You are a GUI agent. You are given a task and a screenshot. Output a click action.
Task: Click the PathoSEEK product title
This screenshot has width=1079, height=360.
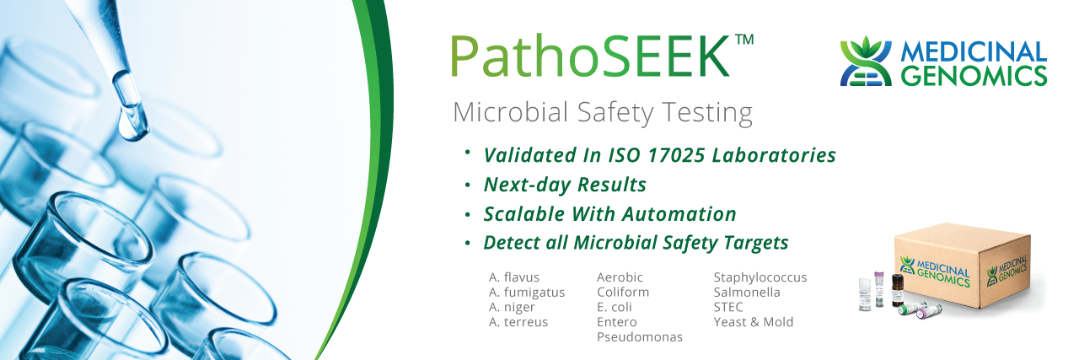[591, 56]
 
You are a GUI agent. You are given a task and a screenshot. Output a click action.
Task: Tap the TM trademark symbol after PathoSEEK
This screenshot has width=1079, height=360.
[744, 40]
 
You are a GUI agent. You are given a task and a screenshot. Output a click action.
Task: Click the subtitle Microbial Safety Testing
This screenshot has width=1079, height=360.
[603, 113]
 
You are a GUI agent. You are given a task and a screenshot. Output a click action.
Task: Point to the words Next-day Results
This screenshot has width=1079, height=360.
[565, 185]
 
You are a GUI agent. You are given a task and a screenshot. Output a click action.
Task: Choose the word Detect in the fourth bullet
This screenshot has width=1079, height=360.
[512, 243]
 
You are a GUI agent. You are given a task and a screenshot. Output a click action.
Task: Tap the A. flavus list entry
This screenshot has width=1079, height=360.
[514, 277]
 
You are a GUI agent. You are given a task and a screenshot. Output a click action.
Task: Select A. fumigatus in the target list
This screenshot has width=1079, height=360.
[527, 293]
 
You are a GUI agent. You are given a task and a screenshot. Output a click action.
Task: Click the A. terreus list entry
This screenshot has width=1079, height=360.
[518, 322]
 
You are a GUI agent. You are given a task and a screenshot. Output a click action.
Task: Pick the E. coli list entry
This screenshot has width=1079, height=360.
[615, 307]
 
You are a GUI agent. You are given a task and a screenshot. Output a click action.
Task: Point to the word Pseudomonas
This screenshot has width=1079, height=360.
[640, 337]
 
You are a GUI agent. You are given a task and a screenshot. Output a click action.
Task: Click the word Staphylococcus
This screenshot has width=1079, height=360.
[760, 277]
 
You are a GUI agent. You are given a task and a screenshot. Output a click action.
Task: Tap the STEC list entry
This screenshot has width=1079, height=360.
[728, 307]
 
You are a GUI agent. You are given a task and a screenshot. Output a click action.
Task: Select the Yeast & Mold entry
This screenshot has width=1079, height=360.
[754, 322]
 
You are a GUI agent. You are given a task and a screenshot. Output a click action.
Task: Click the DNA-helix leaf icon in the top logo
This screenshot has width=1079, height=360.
[866, 62]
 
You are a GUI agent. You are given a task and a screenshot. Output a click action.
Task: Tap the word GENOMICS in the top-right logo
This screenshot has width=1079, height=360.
[974, 75]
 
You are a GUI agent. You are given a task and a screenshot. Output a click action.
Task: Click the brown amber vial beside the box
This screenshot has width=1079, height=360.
[898, 290]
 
